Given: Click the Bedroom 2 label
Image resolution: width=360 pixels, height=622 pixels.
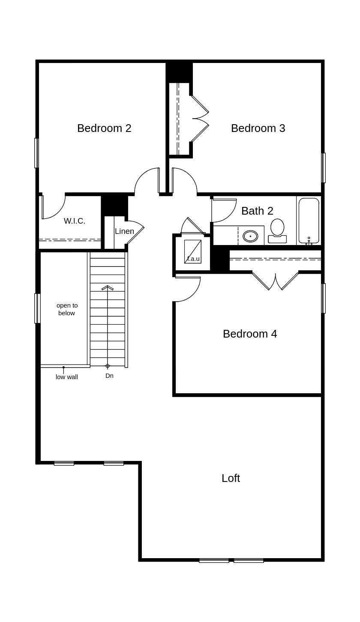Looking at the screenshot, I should (x=104, y=128).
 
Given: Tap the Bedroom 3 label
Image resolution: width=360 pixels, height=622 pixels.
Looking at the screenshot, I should (x=258, y=128).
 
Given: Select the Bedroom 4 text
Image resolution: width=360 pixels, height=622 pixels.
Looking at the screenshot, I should (x=250, y=334).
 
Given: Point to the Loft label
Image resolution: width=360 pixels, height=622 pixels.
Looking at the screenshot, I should (x=231, y=478).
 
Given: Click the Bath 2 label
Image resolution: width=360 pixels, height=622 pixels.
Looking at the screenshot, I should (x=257, y=211).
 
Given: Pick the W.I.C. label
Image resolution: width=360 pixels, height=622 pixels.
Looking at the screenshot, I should (x=75, y=221).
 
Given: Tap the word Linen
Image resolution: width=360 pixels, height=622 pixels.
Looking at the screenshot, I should (x=124, y=231).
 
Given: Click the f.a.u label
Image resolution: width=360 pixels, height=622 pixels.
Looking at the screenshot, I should (x=193, y=259).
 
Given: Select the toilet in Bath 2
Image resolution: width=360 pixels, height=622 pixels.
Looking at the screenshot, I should (x=277, y=231).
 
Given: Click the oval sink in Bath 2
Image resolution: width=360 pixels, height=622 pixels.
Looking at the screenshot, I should (x=250, y=236).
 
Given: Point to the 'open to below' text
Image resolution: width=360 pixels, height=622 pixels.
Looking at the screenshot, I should (x=67, y=309).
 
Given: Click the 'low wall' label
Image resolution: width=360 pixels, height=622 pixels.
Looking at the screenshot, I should (x=67, y=377).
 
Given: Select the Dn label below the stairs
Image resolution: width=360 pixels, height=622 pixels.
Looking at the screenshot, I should (x=109, y=376).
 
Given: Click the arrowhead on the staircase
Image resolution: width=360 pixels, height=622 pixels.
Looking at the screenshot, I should (x=108, y=287).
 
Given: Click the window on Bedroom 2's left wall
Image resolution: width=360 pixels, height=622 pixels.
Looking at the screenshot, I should (x=36, y=153).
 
